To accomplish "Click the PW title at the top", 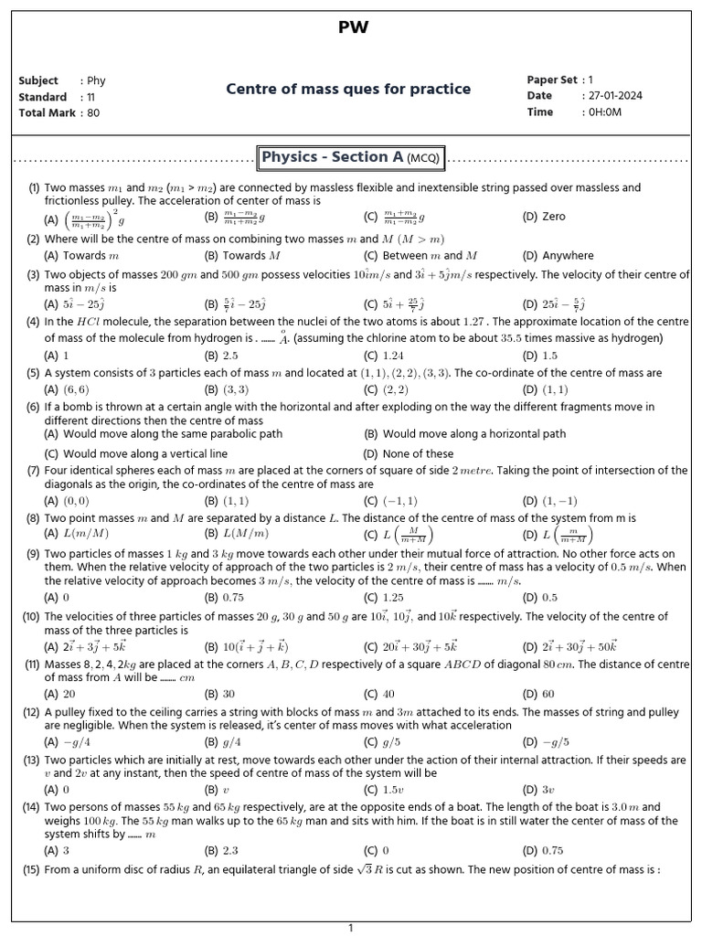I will pos(353,27).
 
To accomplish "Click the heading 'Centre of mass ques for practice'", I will pos(348,89).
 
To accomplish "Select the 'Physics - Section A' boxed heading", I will pos(351,157).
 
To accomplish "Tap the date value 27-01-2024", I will pos(617,96).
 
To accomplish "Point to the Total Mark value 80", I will pos(93,113).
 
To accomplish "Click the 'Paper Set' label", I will pos(552,80).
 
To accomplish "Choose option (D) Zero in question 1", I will pos(544,218).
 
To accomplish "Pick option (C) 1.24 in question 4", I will pos(384,356).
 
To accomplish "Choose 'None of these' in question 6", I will pos(417,453).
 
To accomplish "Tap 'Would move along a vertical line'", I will pos(144,453).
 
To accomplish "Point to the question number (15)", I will pos(31,871).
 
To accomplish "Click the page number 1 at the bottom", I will pos(350,928).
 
